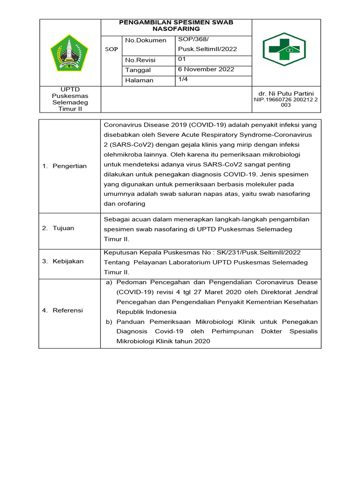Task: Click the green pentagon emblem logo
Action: pyautogui.click(x=69, y=53)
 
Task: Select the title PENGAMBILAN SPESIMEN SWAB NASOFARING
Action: pyautogui.click(x=176, y=25)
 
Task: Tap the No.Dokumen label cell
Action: pyautogui.click(x=146, y=40)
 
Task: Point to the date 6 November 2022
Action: pyautogui.click(x=206, y=69)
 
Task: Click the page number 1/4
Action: pyautogui.click(x=183, y=80)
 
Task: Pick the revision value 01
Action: pyautogui.click(x=182, y=60)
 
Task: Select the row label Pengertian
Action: pyautogui.click(x=69, y=166)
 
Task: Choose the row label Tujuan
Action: pyautogui.click(x=65, y=228)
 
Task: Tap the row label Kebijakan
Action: pyautogui.click(x=68, y=261)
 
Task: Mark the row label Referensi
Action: pyautogui.click(x=67, y=310)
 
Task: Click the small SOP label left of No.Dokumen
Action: pyautogui.click(x=111, y=49)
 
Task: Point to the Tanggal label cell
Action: pyautogui.click(x=138, y=70)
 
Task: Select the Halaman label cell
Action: pyautogui.click(x=139, y=80)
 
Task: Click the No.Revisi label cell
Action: pyautogui.click(x=140, y=60)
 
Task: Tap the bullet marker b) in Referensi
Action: pyautogui.click(x=109, y=322)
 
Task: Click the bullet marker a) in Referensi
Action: pyautogui.click(x=109, y=282)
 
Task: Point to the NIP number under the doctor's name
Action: pyautogui.click(x=286, y=102)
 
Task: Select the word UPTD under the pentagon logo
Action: pyautogui.click(x=69, y=89)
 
